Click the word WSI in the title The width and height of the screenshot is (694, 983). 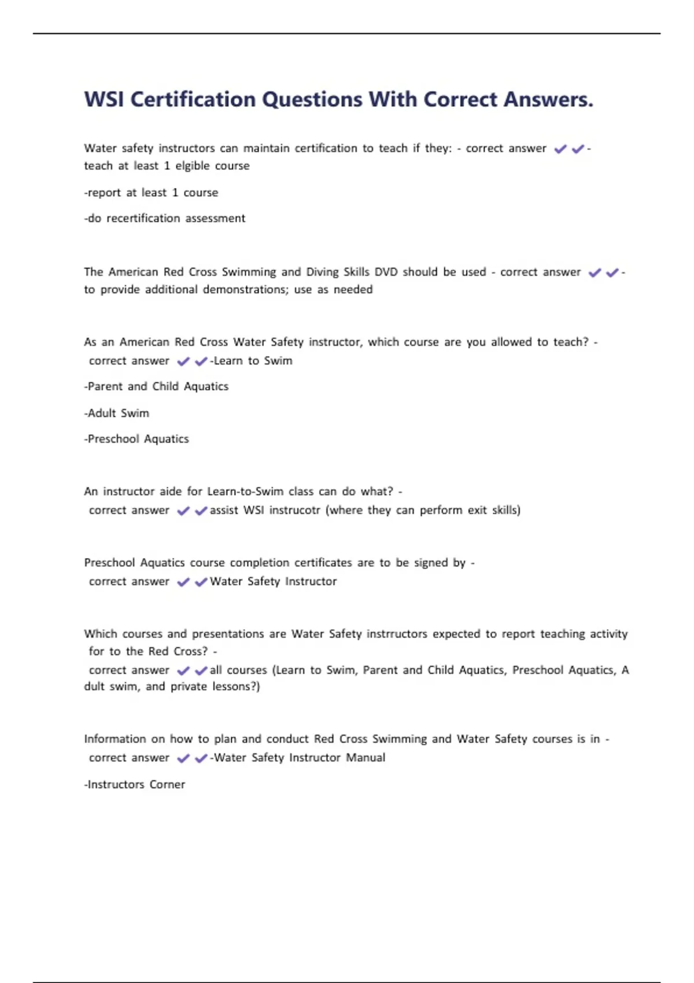104,99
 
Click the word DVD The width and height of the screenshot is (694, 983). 386,272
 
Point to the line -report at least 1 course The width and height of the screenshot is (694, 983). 151,193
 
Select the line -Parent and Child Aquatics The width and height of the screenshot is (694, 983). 156,386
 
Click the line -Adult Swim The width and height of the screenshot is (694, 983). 116,413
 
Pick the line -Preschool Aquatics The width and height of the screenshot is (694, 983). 136,439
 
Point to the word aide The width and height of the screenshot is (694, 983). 171,491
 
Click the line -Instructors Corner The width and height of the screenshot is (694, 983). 134,785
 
